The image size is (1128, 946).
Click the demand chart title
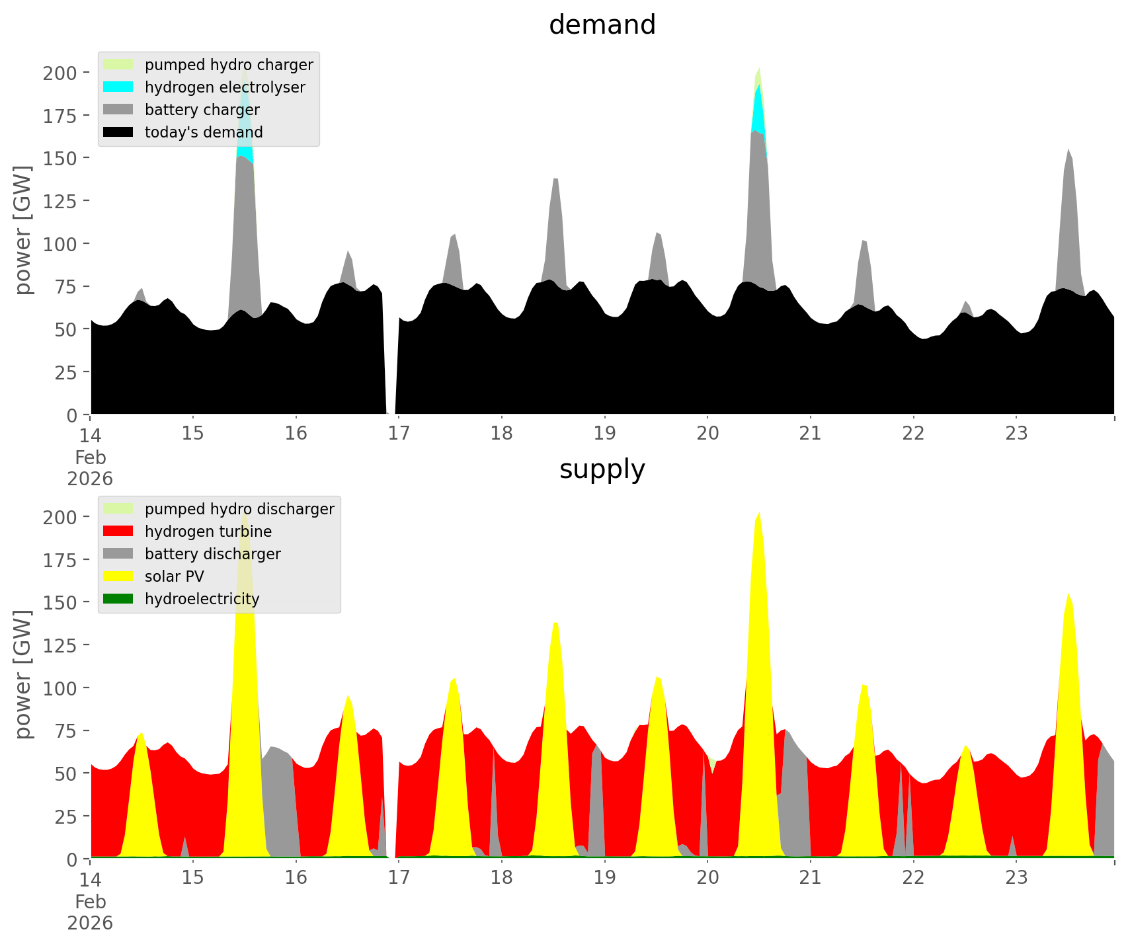pos(602,25)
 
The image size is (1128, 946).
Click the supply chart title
pos(602,469)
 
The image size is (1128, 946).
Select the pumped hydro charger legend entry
pos(228,65)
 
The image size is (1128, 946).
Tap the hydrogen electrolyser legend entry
pos(224,87)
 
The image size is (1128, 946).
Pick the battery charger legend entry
pos(202,110)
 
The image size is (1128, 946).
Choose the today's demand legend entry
pos(203,132)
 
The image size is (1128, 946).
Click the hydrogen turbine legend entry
pos(208,532)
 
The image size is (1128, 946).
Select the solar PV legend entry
pos(174,576)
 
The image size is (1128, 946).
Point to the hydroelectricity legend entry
pos(202,599)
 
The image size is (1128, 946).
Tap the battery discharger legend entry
pos(212,554)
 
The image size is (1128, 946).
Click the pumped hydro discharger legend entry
pos(239,509)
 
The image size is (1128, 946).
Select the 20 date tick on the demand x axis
pos(707,433)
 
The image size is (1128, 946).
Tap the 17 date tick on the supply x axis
pos(399,877)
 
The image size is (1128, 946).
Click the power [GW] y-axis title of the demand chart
pos(23,230)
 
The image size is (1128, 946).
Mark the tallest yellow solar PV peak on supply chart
pos(758,522)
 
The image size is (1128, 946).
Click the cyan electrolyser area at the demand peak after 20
pos(758,109)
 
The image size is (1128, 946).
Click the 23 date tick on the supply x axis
pos(1016,877)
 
